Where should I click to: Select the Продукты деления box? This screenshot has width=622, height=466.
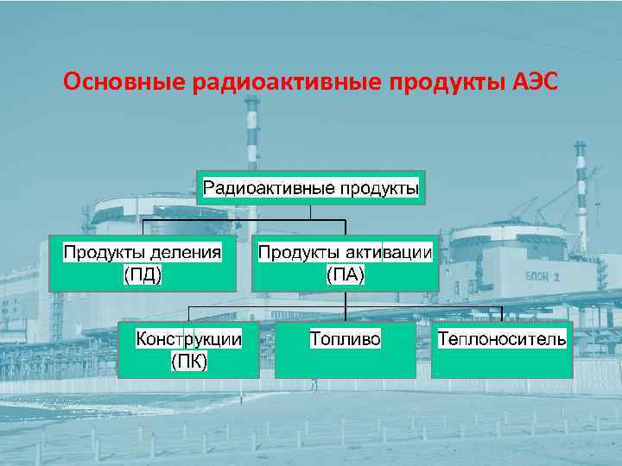coord(143,262)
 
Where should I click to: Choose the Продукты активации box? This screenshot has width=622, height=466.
coord(345,262)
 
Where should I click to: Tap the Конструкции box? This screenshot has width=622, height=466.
coord(189,349)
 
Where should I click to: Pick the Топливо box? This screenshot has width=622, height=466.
coord(345,349)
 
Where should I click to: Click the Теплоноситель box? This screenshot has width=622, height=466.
coord(502,349)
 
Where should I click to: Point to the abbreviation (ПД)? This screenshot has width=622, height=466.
coord(143,274)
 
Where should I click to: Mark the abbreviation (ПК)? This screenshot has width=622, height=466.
coord(189,361)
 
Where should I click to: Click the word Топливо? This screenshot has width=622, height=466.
coord(345,338)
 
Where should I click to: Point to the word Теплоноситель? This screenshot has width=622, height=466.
coord(502,338)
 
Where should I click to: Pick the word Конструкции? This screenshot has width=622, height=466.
coord(189,338)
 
